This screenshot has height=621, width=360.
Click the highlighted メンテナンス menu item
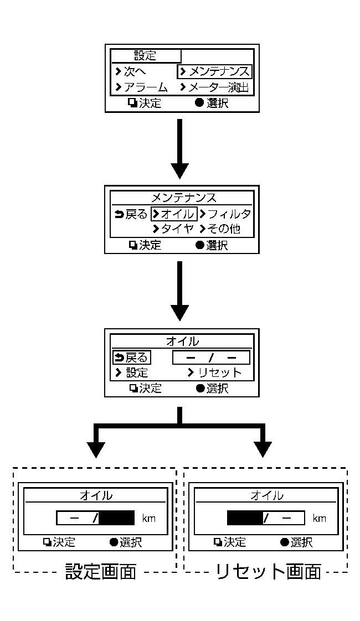(x=215, y=71)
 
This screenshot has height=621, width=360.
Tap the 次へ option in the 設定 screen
(x=131, y=71)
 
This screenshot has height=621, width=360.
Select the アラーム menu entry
(x=141, y=87)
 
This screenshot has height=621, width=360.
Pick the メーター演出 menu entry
(x=215, y=87)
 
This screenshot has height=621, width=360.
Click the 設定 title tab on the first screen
(x=146, y=55)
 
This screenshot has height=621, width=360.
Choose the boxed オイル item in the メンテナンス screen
(x=174, y=214)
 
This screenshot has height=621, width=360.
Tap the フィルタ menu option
(x=225, y=214)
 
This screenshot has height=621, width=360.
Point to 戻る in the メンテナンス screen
(x=131, y=214)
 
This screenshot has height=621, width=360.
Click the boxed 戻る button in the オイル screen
(x=131, y=357)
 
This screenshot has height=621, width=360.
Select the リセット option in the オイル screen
(x=214, y=372)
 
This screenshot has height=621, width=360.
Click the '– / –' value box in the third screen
(x=210, y=358)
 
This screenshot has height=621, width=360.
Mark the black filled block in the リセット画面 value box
(x=244, y=518)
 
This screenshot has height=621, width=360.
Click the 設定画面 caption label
(x=100, y=572)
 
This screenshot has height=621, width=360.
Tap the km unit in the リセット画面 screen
(x=320, y=519)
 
